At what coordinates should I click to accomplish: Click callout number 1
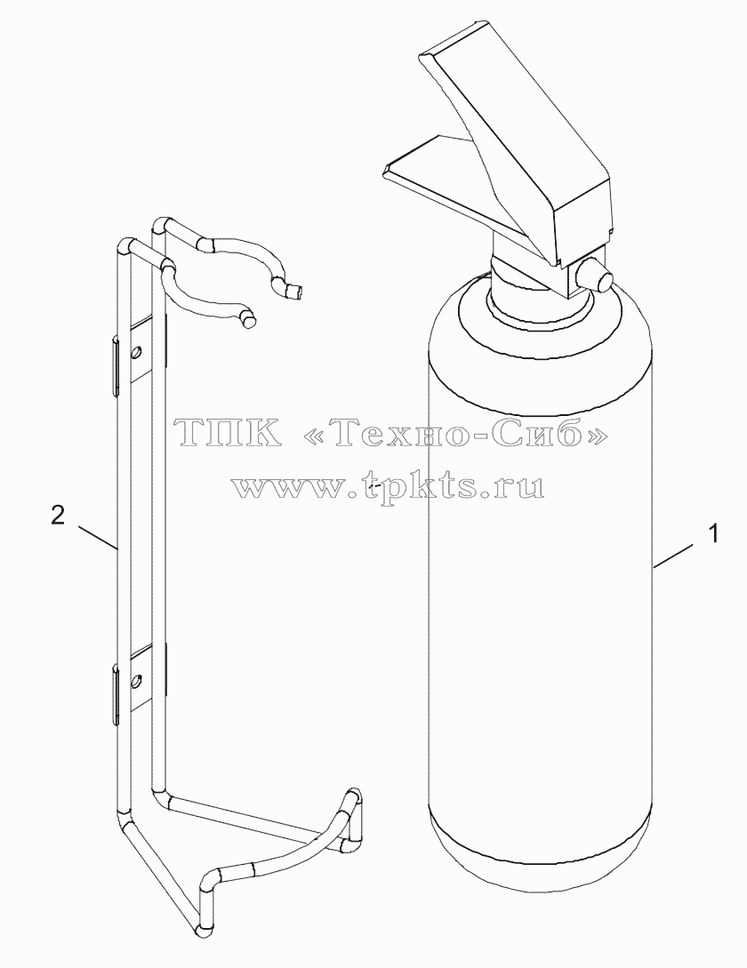coord(713,532)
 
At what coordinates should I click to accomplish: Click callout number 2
coord(58,516)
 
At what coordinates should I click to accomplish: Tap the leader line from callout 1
coord(678,555)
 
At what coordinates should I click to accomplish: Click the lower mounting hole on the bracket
coord(136,680)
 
